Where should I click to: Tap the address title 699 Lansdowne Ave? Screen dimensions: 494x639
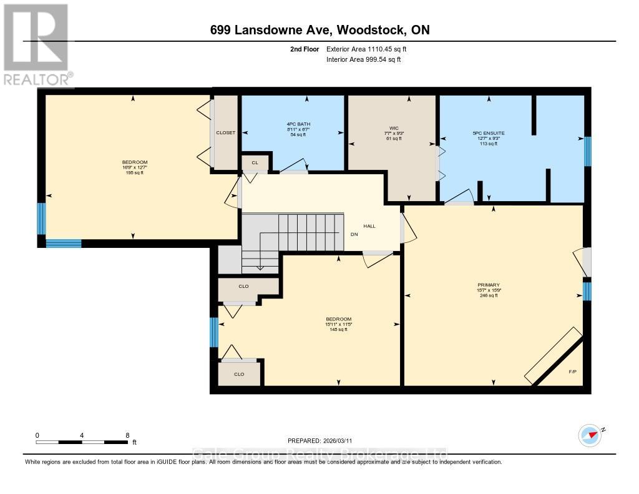[319, 30]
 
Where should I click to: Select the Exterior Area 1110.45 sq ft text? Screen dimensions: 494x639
[369, 49]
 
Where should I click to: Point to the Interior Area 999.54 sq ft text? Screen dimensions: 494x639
[363, 59]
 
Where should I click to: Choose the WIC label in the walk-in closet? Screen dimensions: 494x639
[391, 129]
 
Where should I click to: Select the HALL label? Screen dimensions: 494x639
[370, 226]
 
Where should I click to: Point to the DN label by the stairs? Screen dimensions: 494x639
[354, 235]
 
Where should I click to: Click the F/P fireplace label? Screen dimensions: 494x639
[572, 373]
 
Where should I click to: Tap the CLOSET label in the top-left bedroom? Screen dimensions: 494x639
[225, 133]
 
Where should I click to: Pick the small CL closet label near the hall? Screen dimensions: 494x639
[255, 163]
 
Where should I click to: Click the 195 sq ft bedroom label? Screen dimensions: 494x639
[134, 172]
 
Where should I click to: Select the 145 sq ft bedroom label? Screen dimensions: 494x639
[338, 329]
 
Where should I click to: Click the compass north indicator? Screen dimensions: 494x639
[590, 433]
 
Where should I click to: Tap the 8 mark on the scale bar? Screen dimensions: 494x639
[127, 435]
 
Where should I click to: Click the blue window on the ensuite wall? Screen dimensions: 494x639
[587, 152]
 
